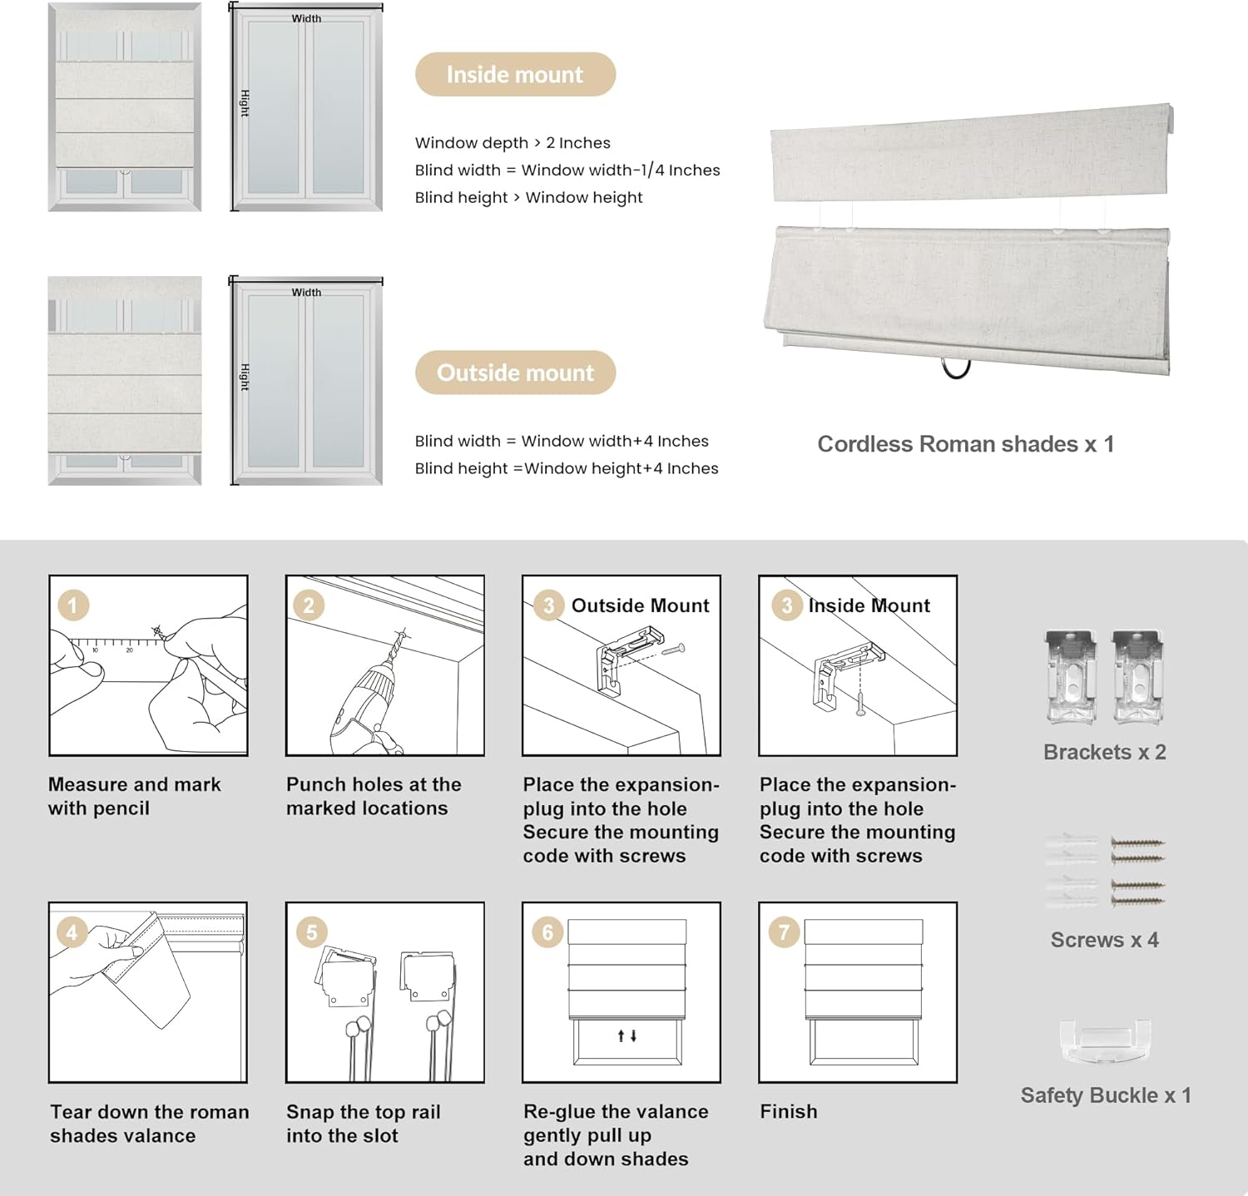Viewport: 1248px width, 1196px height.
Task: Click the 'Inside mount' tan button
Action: (x=515, y=75)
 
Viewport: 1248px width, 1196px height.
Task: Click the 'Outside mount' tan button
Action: (x=515, y=373)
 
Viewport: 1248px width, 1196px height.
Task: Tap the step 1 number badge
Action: (x=73, y=605)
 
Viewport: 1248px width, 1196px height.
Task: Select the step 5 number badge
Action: (x=311, y=932)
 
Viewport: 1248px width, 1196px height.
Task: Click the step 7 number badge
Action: (x=784, y=932)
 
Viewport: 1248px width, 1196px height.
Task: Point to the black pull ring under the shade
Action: (x=956, y=368)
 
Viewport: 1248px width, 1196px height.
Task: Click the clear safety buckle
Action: (x=1104, y=1040)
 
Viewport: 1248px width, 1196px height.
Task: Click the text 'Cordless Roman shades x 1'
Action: (x=965, y=444)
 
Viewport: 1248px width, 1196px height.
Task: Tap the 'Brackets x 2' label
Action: (x=1104, y=752)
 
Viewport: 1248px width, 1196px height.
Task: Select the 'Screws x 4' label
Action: (x=1104, y=940)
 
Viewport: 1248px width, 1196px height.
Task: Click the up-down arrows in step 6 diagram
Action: (x=627, y=1035)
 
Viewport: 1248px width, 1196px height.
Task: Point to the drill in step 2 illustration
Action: (x=366, y=699)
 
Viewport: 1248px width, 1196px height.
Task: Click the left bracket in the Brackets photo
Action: (x=1071, y=675)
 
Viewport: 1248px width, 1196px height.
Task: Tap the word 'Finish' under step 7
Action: (x=788, y=1111)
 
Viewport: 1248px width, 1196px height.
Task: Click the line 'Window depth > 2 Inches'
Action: (x=513, y=143)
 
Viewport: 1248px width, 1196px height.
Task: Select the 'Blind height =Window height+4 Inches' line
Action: (x=567, y=468)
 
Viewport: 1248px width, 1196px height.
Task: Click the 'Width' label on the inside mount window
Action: (x=306, y=18)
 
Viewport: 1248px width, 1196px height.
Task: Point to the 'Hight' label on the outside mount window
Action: (x=245, y=377)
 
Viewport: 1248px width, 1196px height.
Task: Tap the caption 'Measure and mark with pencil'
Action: (x=135, y=796)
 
